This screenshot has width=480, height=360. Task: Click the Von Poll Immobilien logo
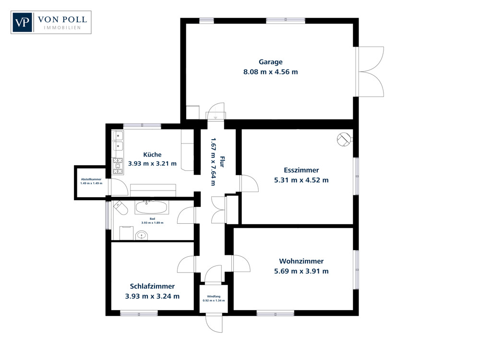pos(51,22)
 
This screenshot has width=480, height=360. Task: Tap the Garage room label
pos(271,62)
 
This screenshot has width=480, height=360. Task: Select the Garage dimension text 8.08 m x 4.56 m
pos(271,72)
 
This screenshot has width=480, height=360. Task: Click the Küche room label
pos(152,155)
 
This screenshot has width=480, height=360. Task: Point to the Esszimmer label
pos(301,170)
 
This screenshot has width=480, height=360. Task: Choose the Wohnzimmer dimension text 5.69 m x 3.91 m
pos(301,271)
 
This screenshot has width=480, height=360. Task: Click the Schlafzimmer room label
pos(152,286)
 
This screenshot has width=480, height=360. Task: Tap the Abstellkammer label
pos(91,179)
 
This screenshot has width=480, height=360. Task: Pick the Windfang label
pos(214,297)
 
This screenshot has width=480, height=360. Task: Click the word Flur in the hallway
pos(222,161)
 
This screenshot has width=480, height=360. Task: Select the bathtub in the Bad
pos(151,208)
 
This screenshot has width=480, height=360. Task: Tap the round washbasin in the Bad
pos(141,235)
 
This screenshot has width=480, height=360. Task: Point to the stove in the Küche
pos(118,166)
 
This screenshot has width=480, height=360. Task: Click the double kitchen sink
pos(118,141)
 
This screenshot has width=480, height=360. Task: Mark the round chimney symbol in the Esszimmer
pos(344,139)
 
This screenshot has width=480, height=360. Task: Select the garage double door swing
pos(371,72)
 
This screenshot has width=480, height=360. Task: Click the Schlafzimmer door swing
pos(186,264)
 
